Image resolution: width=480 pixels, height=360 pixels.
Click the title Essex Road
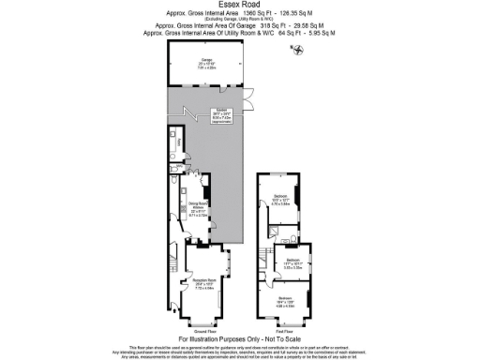pyautogui.click(x=239, y=6)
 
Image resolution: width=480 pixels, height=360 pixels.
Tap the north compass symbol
pyautogui.click(x=299, y=50)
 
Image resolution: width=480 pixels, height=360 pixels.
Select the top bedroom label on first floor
pyautogui.click(x=282, y=199)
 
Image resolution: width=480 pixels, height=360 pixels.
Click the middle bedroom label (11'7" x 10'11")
pyautogui.click(x=292, y=262)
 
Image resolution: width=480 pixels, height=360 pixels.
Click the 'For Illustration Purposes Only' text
pyautogui.click(x=240, y=338)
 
